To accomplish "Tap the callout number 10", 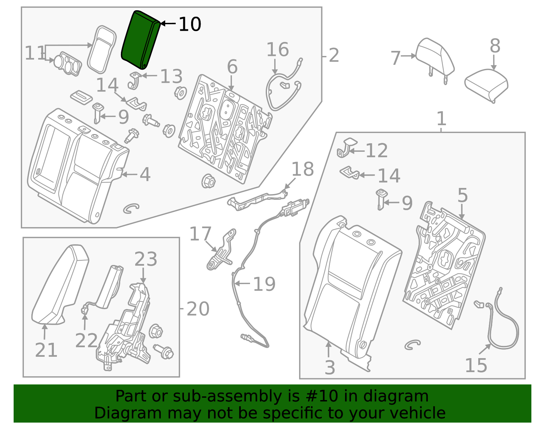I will coord(190,24).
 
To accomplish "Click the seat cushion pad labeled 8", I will coord(486,85).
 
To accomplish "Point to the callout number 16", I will coord(277,50).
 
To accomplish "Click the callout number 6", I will coord(232,67).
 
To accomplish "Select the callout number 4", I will coord(145,175).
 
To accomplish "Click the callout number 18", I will coord(302,169).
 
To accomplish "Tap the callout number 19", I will coord(264,284).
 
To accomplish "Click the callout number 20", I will coord(198,309).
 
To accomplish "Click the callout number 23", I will coord(145,259).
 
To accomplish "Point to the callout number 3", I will coord(329,368).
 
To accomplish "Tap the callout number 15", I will coord(476,366).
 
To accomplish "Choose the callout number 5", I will coord(462,195).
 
